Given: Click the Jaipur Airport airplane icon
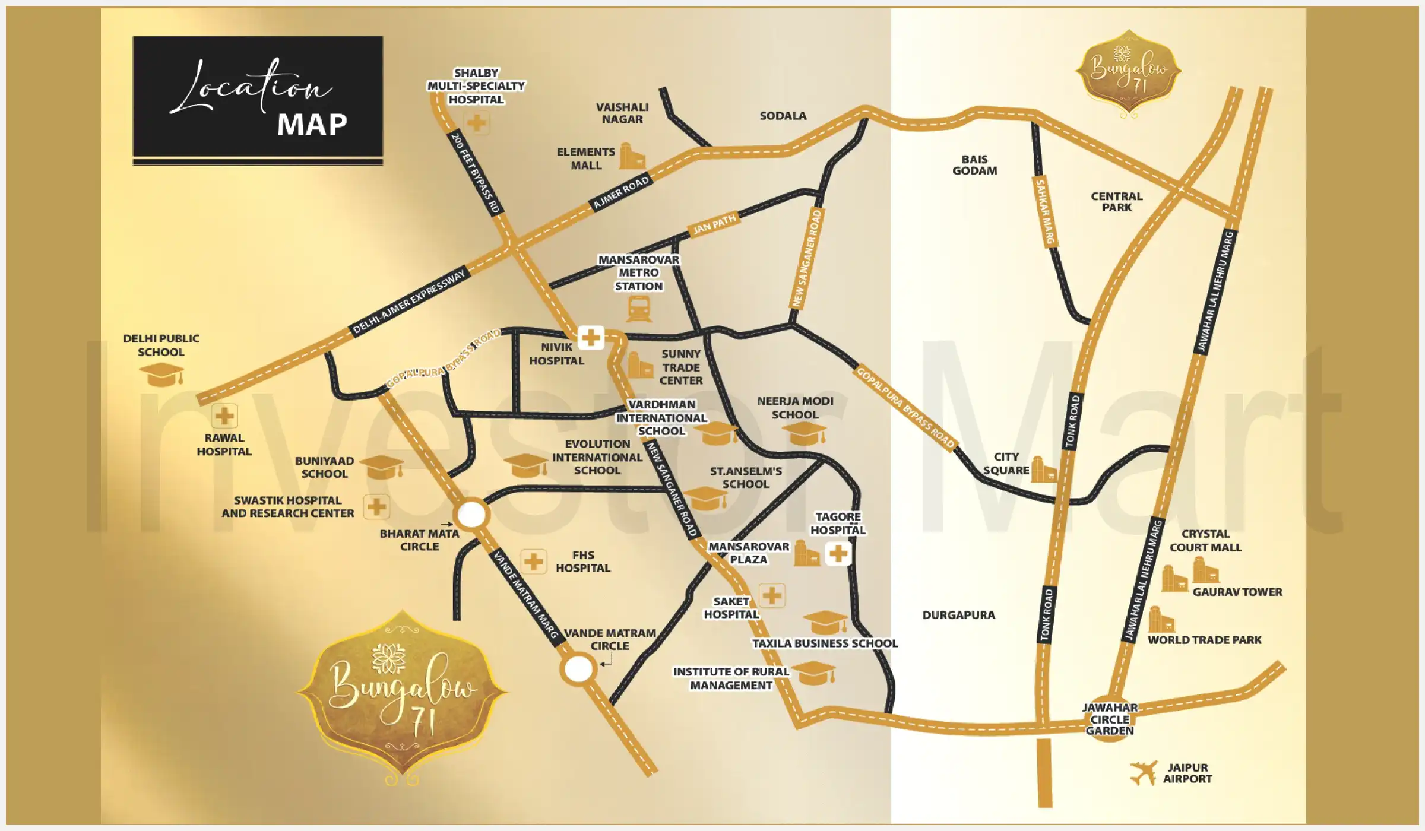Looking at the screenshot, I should [x=1143, y=773].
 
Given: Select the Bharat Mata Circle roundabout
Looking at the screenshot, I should [x=471, y=514].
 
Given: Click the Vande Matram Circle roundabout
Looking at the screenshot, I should [x=578, y=669].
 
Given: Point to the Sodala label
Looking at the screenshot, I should [x=783, y=116].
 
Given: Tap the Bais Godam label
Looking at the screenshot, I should [x=974, y=165].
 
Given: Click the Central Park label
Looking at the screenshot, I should [x=1116, y=202].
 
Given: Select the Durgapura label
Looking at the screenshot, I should [x=958, y=615].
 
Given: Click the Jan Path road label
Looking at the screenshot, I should [x=714, y=224].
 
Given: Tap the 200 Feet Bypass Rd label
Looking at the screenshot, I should [x=476, y=173].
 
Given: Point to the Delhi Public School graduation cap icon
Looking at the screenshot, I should [x=161, y=375].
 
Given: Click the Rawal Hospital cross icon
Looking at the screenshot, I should [x=224, y=416].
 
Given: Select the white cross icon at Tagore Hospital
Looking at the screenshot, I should [x=838, y=554].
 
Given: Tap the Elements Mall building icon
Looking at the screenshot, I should [x=632, y=156].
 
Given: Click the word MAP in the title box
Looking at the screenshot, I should [x=312, y=125].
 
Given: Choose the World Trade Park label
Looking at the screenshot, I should [x=1204, y=640].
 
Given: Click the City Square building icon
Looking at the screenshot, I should [x=1043, y=470].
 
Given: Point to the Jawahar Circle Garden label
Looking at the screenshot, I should [x=1109, y=719].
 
